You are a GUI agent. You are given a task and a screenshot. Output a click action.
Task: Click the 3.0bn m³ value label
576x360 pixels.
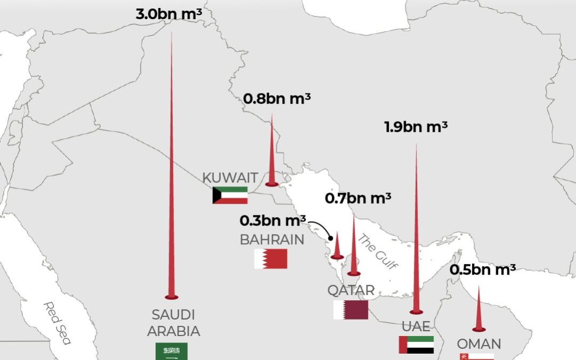click(x=169, y=14)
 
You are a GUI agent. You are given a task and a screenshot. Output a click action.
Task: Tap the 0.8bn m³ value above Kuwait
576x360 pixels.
click(x=277, y=99)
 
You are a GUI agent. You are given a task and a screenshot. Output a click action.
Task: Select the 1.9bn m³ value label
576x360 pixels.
click(x=415, y=127)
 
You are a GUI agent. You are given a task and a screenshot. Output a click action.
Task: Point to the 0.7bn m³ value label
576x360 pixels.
click(x=358, y=198)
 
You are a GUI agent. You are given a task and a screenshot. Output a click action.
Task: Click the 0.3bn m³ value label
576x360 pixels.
click(x=273, y=220)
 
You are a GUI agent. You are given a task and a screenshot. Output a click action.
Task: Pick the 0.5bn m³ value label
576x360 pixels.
click(x=482, y=269)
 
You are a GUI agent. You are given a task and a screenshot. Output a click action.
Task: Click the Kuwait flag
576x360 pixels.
click(x=230, y=195)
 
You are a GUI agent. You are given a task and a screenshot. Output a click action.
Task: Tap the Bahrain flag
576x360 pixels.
click(x=270, y=259)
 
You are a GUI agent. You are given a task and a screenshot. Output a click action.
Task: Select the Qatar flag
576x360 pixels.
click(x=350, y=310)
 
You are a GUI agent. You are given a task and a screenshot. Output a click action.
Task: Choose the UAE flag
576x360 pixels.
click(x=416, y=345)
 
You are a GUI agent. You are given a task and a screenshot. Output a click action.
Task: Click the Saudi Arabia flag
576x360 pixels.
click(x=171, y=351)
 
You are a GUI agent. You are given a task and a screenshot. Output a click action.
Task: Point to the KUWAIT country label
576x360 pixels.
click(x=230, y=178)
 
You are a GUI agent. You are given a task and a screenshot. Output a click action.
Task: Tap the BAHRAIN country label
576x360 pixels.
click(x=272, y=240)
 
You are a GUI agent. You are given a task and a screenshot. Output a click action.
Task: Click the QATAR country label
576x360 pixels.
click(x=351, y=291)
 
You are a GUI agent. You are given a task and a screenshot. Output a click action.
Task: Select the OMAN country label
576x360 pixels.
click(x=478, y=343)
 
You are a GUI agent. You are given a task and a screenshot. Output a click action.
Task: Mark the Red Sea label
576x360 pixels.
click(x=57, y=323)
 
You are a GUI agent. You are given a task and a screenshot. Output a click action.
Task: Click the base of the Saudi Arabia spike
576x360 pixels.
click(x=171, y=297)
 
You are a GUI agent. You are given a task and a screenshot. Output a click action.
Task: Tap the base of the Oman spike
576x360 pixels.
click(x=478, y=329)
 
